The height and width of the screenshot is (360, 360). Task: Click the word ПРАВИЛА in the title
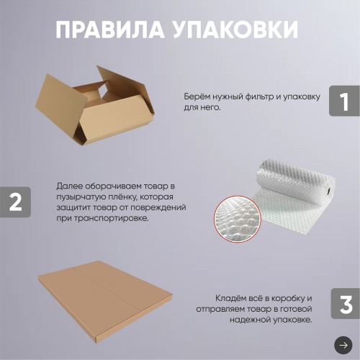(x=108, y=30)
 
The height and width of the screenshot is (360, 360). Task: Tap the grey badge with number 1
(x=344, y=102)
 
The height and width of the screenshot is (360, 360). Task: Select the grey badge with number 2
(x=15, y=203)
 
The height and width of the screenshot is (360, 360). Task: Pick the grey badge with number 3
(x=345, y=304)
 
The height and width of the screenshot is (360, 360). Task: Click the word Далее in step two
(x=68, y=186)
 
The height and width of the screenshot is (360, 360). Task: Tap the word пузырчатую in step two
(x=77, y=197)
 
